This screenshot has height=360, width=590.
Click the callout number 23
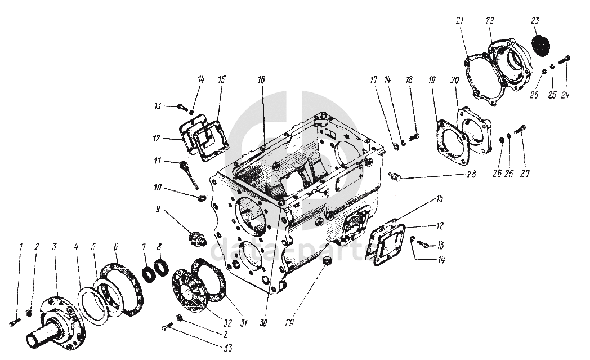click(535, 21)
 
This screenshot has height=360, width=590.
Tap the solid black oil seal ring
click(540, 46)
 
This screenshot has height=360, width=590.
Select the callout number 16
click(262, 81)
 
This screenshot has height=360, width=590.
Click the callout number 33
click(227, 348)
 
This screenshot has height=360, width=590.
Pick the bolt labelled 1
click(14, 322)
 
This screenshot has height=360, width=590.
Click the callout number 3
click(55, 247)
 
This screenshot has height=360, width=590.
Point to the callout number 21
click(460, 21)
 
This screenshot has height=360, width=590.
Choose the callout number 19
click(432, 81)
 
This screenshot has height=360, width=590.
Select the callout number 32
click(227, 323)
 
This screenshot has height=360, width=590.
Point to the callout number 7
click(144, 247)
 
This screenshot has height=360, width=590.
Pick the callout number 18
click(410, 81)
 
